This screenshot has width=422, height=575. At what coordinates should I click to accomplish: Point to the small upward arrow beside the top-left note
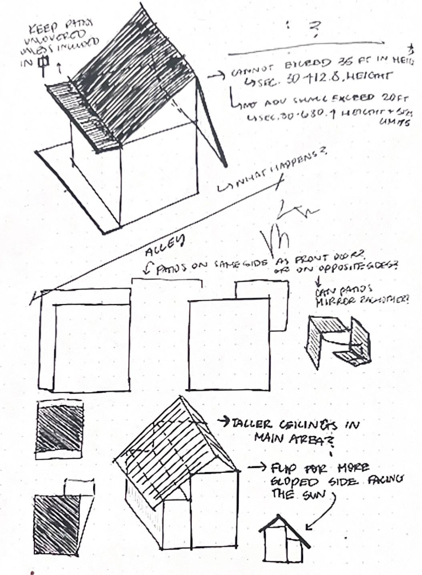pyautogui.click(x=59, y=68)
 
